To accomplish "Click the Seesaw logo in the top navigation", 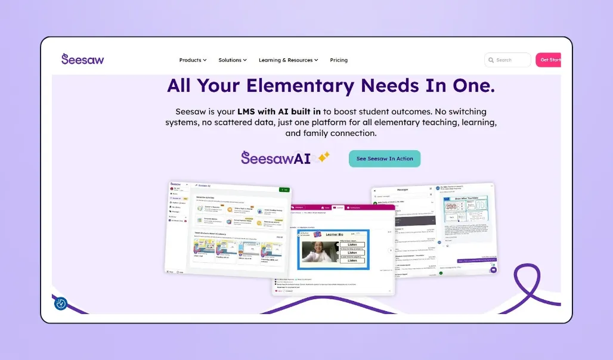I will (x=82, y=59).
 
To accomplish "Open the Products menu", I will (x=193, y=60).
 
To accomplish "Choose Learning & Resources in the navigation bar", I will (x=288, y=60).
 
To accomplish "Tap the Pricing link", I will (x=339, y=60).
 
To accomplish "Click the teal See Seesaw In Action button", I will (x=385, y=159).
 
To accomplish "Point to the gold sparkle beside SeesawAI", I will (x=324, y=157).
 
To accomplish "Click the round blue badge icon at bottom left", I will (x=61, y=303).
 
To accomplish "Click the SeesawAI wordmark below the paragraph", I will (x=275, y=158).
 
